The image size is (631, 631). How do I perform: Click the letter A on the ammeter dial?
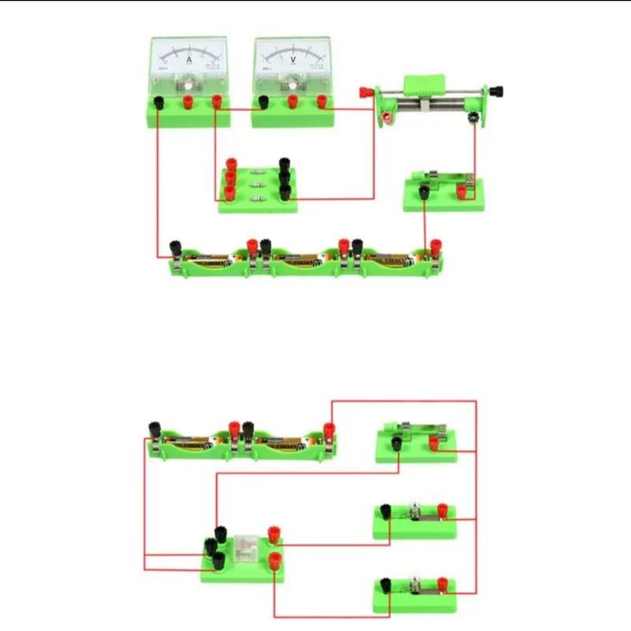pos(189,59)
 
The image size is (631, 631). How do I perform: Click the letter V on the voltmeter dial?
pos(292,59)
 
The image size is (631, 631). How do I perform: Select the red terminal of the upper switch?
pos(460,191)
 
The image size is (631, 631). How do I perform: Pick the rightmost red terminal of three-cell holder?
pos(435,245)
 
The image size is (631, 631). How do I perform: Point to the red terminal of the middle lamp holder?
pos(443,512)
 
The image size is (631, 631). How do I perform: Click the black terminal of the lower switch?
pos(396,441)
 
